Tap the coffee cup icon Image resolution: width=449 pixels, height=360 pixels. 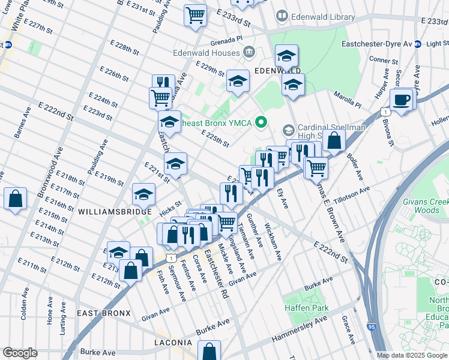pyautogui.click(x=402, y=99)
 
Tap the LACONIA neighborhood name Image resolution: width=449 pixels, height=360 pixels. pyautogui.click(x=173, y=343)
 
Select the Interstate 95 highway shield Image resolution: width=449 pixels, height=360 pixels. pyautogui.click(x=370, y=328)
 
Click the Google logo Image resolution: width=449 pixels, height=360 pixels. pyautogui.click(x=20, y=353)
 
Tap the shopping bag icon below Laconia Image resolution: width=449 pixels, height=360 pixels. pyautogui.click(x=209, y=350)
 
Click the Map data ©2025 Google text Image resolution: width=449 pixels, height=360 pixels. pyautogui.click(x=412, y=355)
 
